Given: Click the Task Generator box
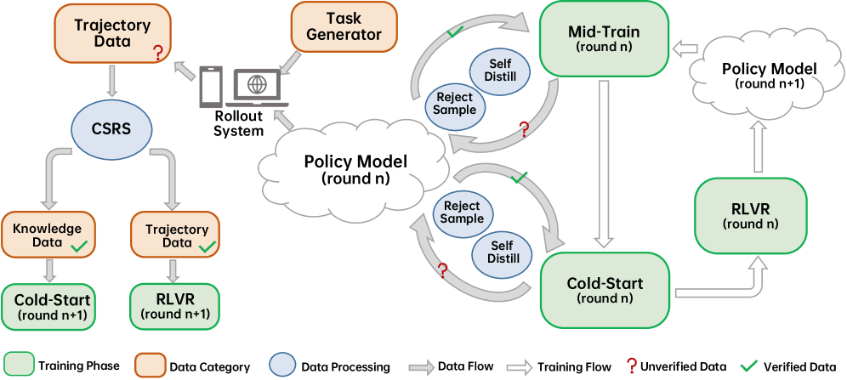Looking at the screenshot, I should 344,26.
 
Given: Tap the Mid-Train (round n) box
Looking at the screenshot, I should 603,38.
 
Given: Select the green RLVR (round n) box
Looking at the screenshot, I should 750,215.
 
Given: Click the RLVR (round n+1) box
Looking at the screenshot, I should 174,307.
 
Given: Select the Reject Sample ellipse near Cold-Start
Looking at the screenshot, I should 461,212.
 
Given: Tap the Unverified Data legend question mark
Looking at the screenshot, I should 631,366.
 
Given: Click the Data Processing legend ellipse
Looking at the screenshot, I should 281,366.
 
